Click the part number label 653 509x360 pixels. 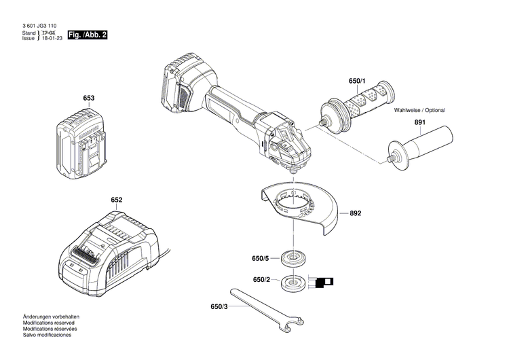click(x=88, y=98)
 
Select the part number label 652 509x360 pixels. click(x=117, y=200)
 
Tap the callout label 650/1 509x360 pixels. click(x=357, y=82)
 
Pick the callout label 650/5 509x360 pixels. click(x=261, y=258)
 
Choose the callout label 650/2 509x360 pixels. click(x=262, y=280)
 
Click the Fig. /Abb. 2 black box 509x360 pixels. click(x=88, y=35)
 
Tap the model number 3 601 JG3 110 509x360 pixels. click(x=40, y=26)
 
